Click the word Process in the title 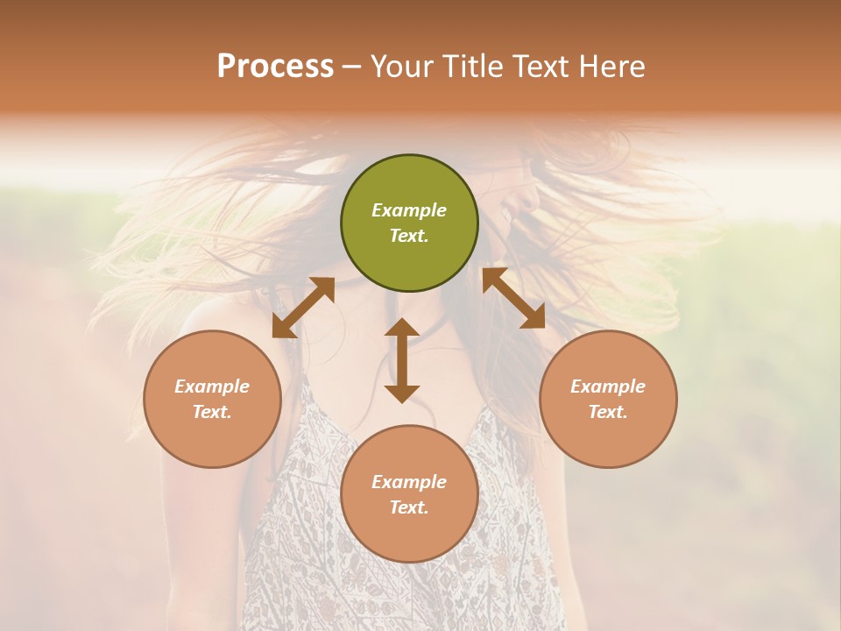click(x=275, y=67)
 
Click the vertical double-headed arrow click(x=402, y=360)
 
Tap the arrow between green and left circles click(x=303, y=308)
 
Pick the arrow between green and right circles click(x=513, y=298)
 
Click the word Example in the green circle click(x=409, y=210)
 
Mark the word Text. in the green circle click(x=409, y=236)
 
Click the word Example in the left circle click(x=212, y=386)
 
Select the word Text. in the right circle click(x=608, y=412)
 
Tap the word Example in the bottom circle click(x=409, y=482)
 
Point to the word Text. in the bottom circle click(x=409, y=507)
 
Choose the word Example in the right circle click(x=608, y=386)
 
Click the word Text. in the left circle click(x=212, y=412)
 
